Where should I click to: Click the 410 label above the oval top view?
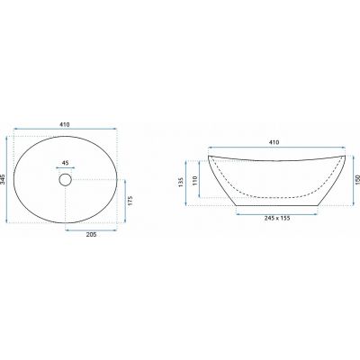pos(65,124)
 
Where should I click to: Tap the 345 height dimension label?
pos(4,179)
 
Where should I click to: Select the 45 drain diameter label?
pos(66,163)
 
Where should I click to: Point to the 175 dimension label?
pos(130,201)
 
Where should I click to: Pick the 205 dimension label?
pos(91,235)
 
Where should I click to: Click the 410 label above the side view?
pos(274,142)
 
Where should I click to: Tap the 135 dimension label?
pos(181,183)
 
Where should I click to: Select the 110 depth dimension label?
pos(195,180)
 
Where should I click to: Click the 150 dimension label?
pos(357,180)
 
